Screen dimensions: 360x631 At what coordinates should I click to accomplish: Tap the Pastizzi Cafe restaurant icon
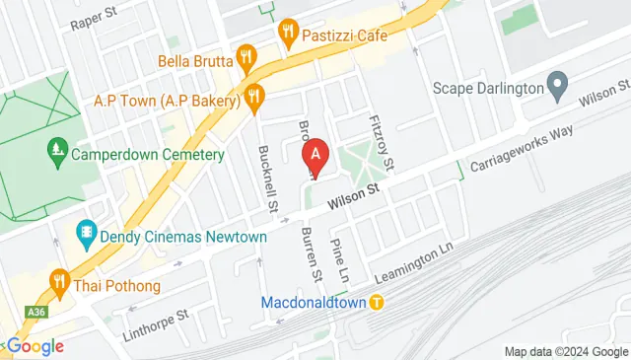point(288,32)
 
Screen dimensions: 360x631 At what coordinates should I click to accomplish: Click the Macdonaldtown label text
point(315,302)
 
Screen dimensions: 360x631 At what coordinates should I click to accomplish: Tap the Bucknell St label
point(267,179)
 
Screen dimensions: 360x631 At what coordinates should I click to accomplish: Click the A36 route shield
point(36,312)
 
